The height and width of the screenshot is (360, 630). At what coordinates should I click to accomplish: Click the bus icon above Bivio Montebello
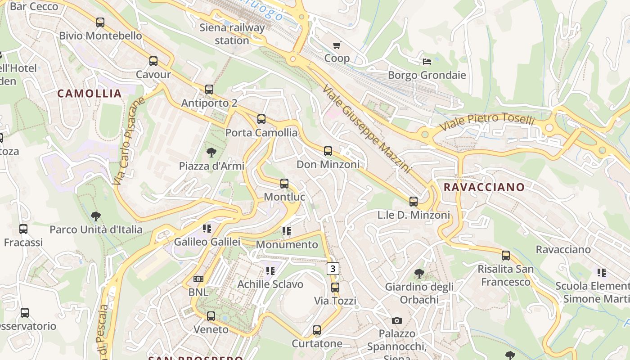[x=100, y=22]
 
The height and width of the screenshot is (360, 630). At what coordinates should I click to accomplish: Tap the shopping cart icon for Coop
[x=337, y=45]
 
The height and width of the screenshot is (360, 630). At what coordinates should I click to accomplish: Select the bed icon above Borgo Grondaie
[x=427, y=61]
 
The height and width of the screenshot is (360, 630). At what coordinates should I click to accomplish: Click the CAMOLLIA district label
[x=90, y=94]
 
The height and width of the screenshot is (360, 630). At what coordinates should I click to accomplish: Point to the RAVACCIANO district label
[x=484, y=187]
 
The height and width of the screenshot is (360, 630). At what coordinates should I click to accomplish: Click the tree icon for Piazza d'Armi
[x=211, y=153]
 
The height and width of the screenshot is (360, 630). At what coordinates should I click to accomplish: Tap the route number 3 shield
[x=333, y=269]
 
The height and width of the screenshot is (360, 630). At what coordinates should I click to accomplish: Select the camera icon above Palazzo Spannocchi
[x=396, y=320]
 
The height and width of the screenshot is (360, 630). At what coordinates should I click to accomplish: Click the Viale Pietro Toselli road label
[x=487, y=121]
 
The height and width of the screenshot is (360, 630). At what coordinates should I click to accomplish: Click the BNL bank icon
[x=198, y=279]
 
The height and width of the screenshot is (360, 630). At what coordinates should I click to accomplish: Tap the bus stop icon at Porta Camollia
[x=261, y=119]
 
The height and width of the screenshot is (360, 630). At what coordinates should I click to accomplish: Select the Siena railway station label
[x=232, y=34]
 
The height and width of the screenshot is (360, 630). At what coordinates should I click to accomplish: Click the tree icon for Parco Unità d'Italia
[x=95, y=216]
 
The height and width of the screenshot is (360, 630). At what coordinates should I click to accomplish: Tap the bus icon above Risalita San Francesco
[x=506, y=256]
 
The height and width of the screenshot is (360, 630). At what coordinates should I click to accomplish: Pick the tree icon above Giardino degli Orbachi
[x=419, y=273]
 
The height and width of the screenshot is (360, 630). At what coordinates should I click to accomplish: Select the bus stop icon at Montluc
[x=284, y=184]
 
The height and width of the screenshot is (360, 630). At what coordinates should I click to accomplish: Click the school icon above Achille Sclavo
[x=270, y=271]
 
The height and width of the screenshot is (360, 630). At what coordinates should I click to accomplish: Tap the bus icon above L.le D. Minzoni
[x=413, y=202]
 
